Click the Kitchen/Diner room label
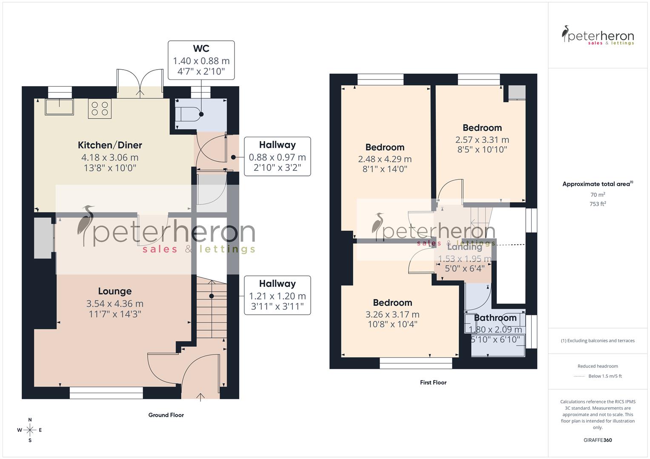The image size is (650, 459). pyautogui.click(x=110, y=145)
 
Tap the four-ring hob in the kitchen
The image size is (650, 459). pyautogui.click(x=100, y=108)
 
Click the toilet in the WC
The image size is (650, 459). pyautogui.click(x=190, y=114)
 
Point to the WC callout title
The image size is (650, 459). pyautogui.click(x=201, y=49)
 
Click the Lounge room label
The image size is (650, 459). pyautogui.click(x=115, y=291)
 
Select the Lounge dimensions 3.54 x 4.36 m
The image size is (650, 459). pyautogui.click(x=115, y=304)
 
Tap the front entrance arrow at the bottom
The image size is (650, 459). pyautogui.click(x=200, y=397)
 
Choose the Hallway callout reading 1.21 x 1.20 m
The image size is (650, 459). pyautogui.click(x=277, y=295)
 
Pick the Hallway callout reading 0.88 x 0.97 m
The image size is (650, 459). pyautogui.click(x=277, y=157)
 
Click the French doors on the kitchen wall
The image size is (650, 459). pyautogui.click(x=140, y=81)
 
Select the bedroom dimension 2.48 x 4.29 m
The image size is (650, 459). pyautogui.click(x=385, y=159)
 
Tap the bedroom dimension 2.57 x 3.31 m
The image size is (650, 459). pyautogui.click(x=482, y=140)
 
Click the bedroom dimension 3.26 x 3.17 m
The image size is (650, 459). pyautogui.click(x=392, y=314)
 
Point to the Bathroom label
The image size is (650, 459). pyautogui.click(x=495, y=318)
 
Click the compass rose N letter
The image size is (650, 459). pyautogui.click(x=30, y=420)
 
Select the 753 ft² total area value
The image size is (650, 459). pyautogui.click(x=598, y=204)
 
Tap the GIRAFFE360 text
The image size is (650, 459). pyautogui.click(x=598, y=440)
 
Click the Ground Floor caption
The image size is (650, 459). pyautogui.click(x=166, y=415)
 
